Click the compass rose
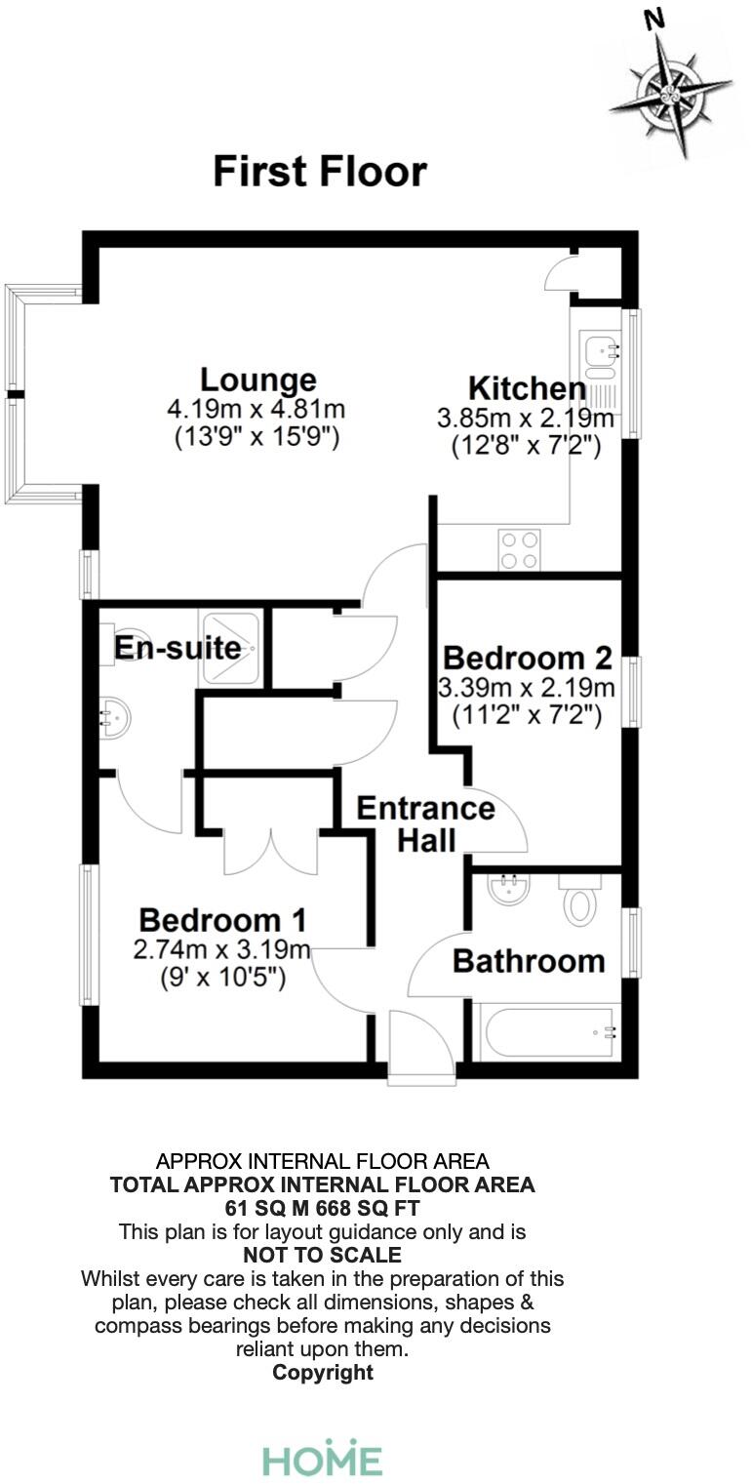coord(674,95)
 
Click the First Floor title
coord(320,172)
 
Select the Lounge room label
coord(257,380)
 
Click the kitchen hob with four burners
coord(519,548)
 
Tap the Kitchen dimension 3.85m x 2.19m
coord(526,420)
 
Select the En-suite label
coord(178,647)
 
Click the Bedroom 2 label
coord(527,656)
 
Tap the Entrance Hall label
coord(425,823)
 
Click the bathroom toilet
coord(578,903)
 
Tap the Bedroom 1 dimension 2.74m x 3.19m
coord(222,949)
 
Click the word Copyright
coord(322,1372)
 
